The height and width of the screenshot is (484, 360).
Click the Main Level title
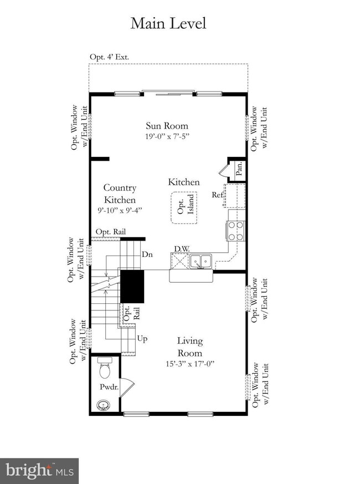pos(168,23)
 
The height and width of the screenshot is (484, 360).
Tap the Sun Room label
pos(167,126)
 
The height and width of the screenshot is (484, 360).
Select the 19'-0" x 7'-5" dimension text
pos(167,136)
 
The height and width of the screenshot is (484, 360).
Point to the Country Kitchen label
pos(120,194)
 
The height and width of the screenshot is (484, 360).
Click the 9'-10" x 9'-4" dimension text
pos(120,210)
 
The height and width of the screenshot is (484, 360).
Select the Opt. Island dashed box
pos(184,208)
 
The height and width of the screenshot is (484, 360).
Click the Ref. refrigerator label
pos(217,195)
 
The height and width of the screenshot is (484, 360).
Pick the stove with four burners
pos(235,231)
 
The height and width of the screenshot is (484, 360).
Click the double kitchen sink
pos(200,260)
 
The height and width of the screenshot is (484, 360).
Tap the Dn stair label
pos(147,254)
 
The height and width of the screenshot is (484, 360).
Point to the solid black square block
pos(132,286)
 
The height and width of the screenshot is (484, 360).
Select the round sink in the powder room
pos(102,405)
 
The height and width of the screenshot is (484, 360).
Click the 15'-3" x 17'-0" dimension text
pos(189,364)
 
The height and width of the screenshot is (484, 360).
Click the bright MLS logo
pos(39,471)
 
